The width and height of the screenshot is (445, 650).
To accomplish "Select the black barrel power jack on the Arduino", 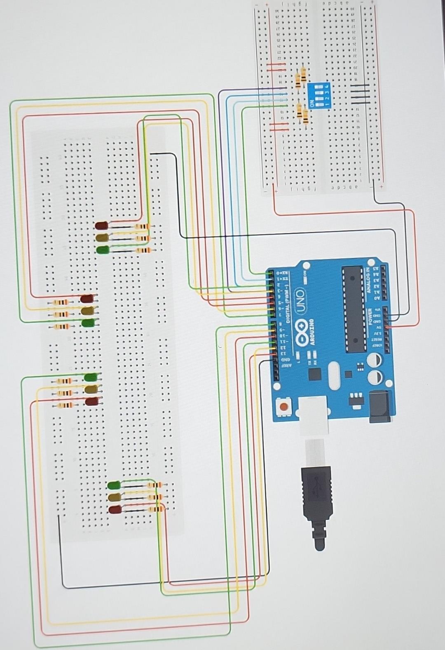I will pos(380,406).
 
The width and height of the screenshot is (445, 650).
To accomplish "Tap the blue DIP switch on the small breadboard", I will pos(319,95).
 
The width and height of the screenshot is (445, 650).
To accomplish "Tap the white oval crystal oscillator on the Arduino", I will pos(334,376).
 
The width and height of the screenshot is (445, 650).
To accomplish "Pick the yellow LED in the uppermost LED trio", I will pos(101,238).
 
